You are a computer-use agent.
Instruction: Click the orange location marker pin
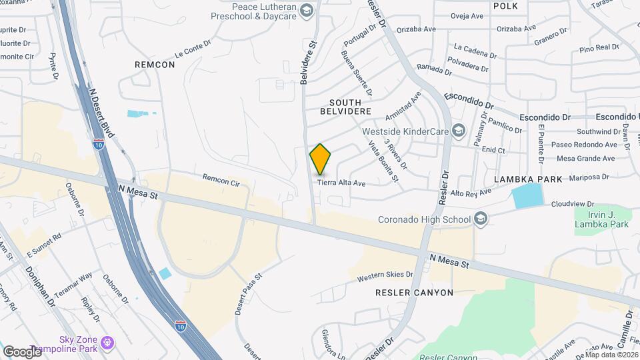[321, 159]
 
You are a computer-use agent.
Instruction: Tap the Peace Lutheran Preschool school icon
[306, 9]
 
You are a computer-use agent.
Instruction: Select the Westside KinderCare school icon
[458, 130]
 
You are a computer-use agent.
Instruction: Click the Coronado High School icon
[480, 219]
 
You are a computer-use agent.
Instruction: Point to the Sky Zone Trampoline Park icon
[106, 344]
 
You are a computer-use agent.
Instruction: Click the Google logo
[21, 351]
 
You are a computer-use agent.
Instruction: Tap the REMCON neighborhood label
[154, 65]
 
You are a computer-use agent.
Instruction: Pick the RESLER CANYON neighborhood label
[415, 292]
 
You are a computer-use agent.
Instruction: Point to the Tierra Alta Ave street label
[341, 183]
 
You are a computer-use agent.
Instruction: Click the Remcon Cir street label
[221, 178]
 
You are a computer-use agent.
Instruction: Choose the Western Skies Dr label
[385, 277]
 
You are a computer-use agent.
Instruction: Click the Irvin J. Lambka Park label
[602, 219]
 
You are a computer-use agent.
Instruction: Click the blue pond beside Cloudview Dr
[527, 197]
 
